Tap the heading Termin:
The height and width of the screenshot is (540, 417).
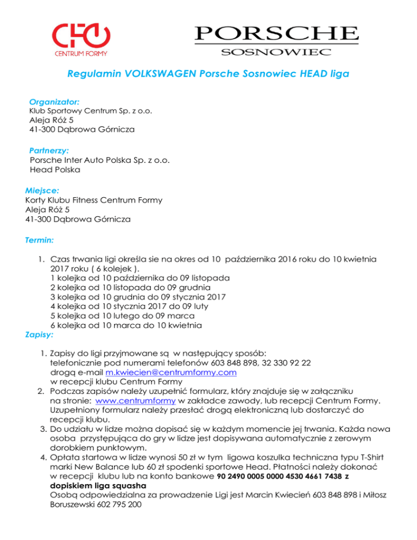(39, 238)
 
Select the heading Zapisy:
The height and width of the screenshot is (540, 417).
(39, 335)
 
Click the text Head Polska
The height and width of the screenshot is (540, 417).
(55, 170)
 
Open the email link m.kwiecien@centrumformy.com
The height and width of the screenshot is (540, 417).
(171, 373)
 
